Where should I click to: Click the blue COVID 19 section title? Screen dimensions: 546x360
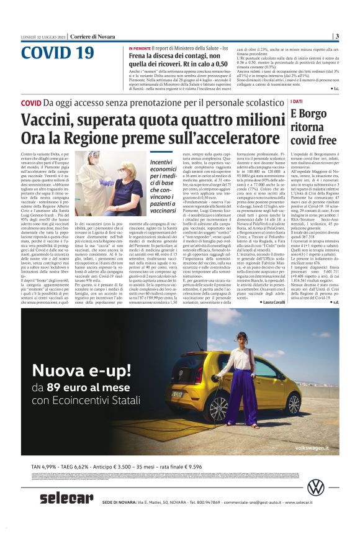click(x=58, y=53)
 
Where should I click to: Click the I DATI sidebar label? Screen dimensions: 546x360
click(x=297, y=101)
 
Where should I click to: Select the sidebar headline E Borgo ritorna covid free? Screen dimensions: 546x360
click(x=313, y=126)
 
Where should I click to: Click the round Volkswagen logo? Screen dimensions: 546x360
click(x=316, y=488)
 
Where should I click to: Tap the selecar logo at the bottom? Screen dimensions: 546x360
click(x=66, y=498)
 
